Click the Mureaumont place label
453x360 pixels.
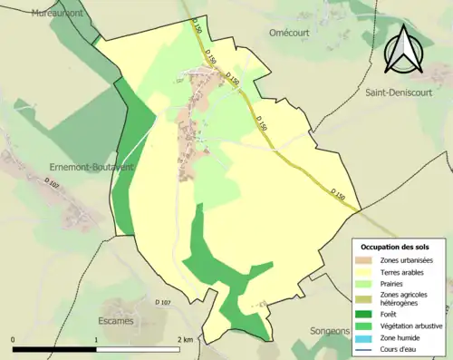[x=57, y=14]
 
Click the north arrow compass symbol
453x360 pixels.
[x=407, y=48]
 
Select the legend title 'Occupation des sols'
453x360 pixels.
[x=395, y=247]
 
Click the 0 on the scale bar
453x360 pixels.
[x=14, y=339]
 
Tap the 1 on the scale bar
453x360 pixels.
[x=96, y=339]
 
